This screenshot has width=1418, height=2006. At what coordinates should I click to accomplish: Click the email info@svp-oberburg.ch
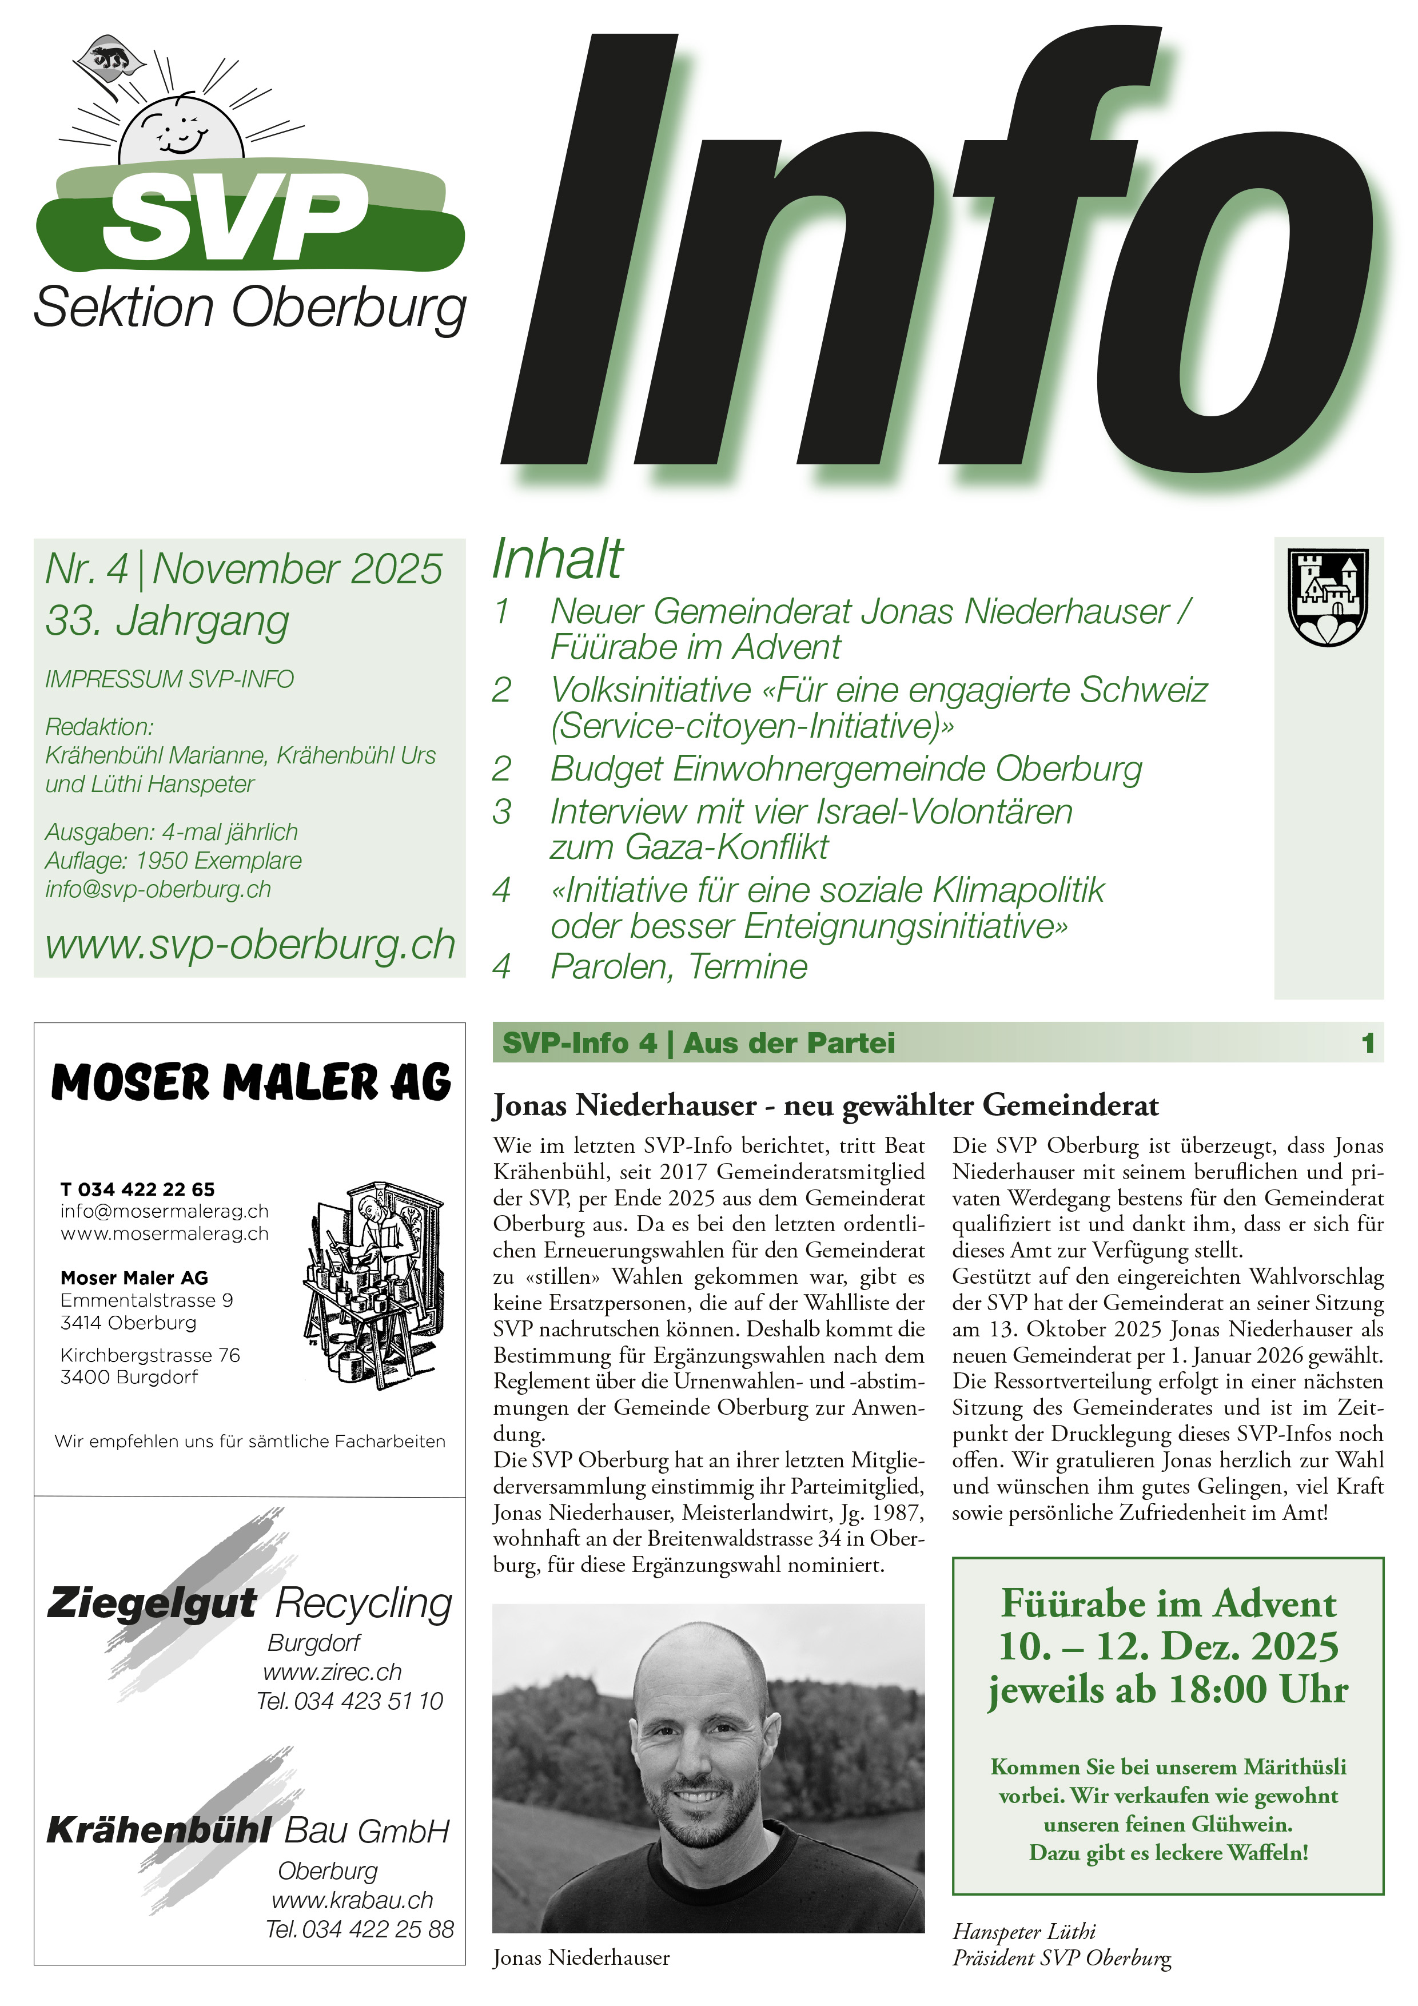click(x=158, y=889)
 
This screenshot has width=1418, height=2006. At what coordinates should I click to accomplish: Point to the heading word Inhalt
click(x=557, y=559)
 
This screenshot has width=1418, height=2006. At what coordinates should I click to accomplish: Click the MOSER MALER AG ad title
click(x=251, y=1082)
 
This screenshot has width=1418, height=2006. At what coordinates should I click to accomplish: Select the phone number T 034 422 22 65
click(x=137, y=1189)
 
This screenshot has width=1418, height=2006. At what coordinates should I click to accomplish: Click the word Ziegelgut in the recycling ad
click(x=151, y=1602)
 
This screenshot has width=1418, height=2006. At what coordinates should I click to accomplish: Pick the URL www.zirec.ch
click(x=332, y=1671)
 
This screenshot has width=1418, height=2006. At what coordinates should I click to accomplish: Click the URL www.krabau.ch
click(x=352, y=1900)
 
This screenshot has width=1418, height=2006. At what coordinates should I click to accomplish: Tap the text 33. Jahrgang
click(x=167, y=621)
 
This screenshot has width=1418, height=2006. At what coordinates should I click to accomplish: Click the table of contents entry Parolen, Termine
click(x=678, y=966)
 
